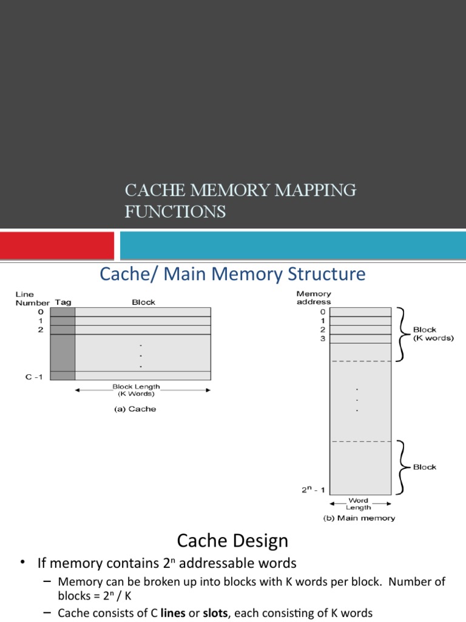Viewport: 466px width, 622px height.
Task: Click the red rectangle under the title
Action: coord(56,245)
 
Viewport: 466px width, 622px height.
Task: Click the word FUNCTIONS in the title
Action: coord(175,211)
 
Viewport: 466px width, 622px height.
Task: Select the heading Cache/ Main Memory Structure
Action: coord(232,274)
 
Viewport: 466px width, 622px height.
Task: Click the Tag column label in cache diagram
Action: coord(63,302)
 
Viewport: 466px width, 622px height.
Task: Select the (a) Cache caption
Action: coord(135,409)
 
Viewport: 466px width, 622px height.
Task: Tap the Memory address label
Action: coord(313,298)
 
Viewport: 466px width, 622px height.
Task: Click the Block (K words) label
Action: coord(433,333)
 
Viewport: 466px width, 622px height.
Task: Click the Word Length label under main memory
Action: coord(359,504)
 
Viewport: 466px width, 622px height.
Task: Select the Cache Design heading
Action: coord(232,540)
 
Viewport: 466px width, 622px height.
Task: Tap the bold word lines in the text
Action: coord(173,613)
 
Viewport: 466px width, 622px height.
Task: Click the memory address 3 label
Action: coord(323,338)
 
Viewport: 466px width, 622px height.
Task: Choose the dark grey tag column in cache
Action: coord(62,343)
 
